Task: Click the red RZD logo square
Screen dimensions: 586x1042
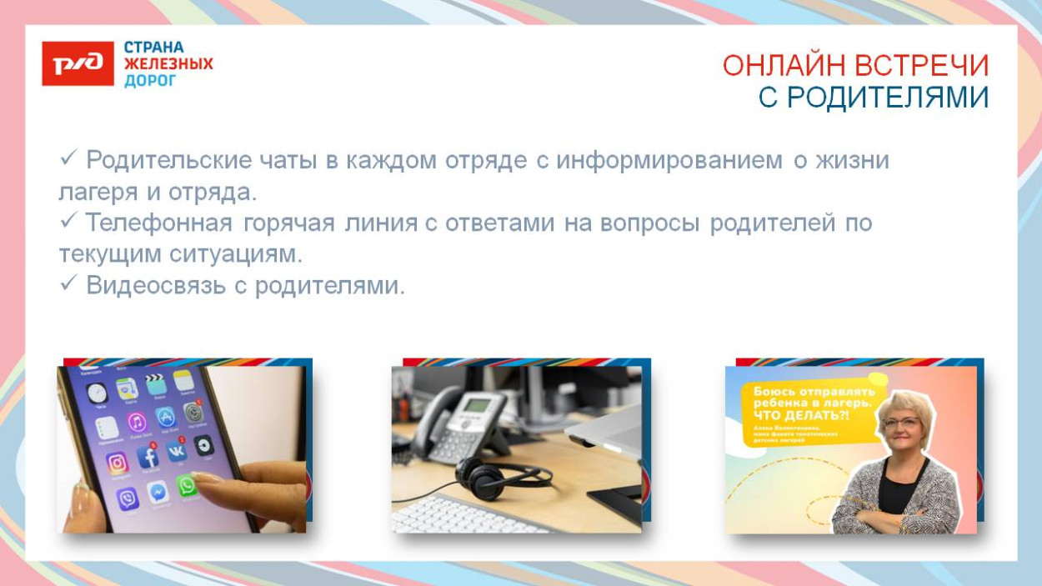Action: (x=78, y=63)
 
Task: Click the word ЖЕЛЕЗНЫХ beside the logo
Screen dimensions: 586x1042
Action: (x=168, y=64)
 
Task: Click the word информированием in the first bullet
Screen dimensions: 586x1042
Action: (x=669, y=160)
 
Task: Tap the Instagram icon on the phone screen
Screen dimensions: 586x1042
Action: (x=118, y=462)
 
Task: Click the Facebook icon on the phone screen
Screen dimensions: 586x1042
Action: (x=148, y=456)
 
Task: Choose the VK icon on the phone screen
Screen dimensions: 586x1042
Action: (x=177, y=451)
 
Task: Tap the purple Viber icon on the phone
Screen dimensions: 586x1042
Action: (x=128, y=499)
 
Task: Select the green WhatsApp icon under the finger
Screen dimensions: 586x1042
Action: (x=188, y=485)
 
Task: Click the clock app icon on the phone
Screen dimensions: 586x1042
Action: (x=98, y=393)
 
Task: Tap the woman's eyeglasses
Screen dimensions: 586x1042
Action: (x=902, y=423)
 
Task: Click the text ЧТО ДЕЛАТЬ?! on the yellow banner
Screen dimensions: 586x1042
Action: (x=799, y=415)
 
